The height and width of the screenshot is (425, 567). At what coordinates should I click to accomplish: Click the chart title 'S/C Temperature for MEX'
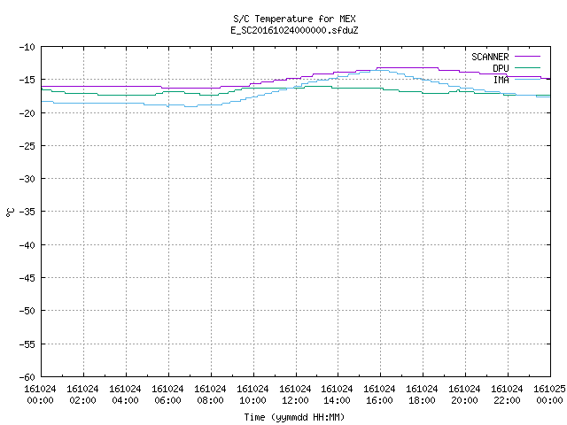point(294,19)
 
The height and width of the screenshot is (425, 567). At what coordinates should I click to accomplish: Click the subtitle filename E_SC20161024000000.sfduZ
point(294,30)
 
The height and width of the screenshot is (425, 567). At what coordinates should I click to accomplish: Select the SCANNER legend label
point(490,57)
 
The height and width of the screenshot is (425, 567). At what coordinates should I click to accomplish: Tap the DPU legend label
point(501,68)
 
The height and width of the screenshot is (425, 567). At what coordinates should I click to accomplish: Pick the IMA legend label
point(501,80)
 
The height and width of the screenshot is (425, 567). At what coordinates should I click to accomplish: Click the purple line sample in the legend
point(527,57)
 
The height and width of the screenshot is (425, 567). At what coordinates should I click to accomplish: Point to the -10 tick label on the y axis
point(27,47)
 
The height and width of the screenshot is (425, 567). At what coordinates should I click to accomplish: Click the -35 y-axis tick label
point(27,212)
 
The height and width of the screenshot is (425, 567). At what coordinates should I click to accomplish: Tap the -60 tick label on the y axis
point(27,377)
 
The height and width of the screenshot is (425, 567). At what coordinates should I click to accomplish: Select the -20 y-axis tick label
point(27,113)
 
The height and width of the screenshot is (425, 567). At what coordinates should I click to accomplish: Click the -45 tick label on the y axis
point(27,278)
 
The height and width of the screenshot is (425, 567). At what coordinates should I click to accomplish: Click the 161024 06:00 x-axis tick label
point(167,395)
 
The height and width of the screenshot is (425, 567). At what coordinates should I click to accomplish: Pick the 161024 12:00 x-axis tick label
point(295,395)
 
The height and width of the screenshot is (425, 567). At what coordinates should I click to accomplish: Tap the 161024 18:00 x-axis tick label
point(422,395)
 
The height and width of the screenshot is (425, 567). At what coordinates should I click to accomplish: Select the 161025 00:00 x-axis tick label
point(549,395)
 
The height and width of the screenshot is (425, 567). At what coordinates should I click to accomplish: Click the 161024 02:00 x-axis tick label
point(82,395)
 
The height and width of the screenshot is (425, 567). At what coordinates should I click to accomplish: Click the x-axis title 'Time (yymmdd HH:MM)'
point(294,417)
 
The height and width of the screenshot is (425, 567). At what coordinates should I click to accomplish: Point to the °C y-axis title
point(10,212)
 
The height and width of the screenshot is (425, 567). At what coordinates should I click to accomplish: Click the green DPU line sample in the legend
point(527,67)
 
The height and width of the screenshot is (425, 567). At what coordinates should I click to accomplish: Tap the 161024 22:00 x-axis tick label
point(507,395)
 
